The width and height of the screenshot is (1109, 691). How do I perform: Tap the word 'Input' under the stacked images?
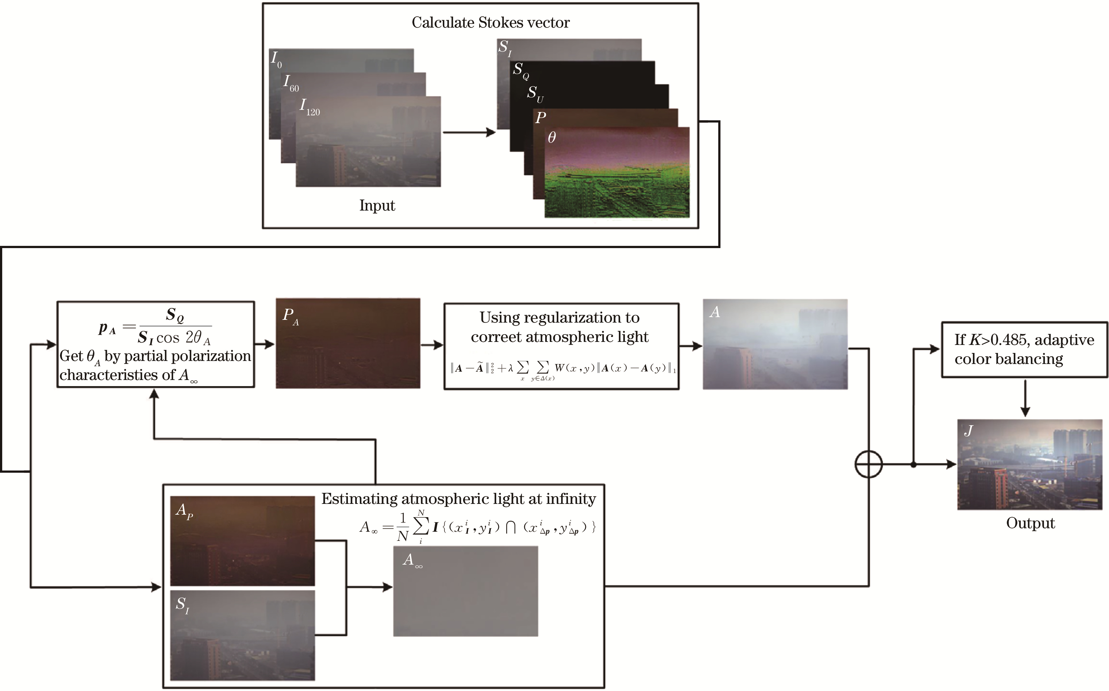coord(377,206)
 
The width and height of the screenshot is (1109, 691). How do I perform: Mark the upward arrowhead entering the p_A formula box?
coord(155,394)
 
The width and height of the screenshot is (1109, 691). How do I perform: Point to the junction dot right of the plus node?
coord(913,465)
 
